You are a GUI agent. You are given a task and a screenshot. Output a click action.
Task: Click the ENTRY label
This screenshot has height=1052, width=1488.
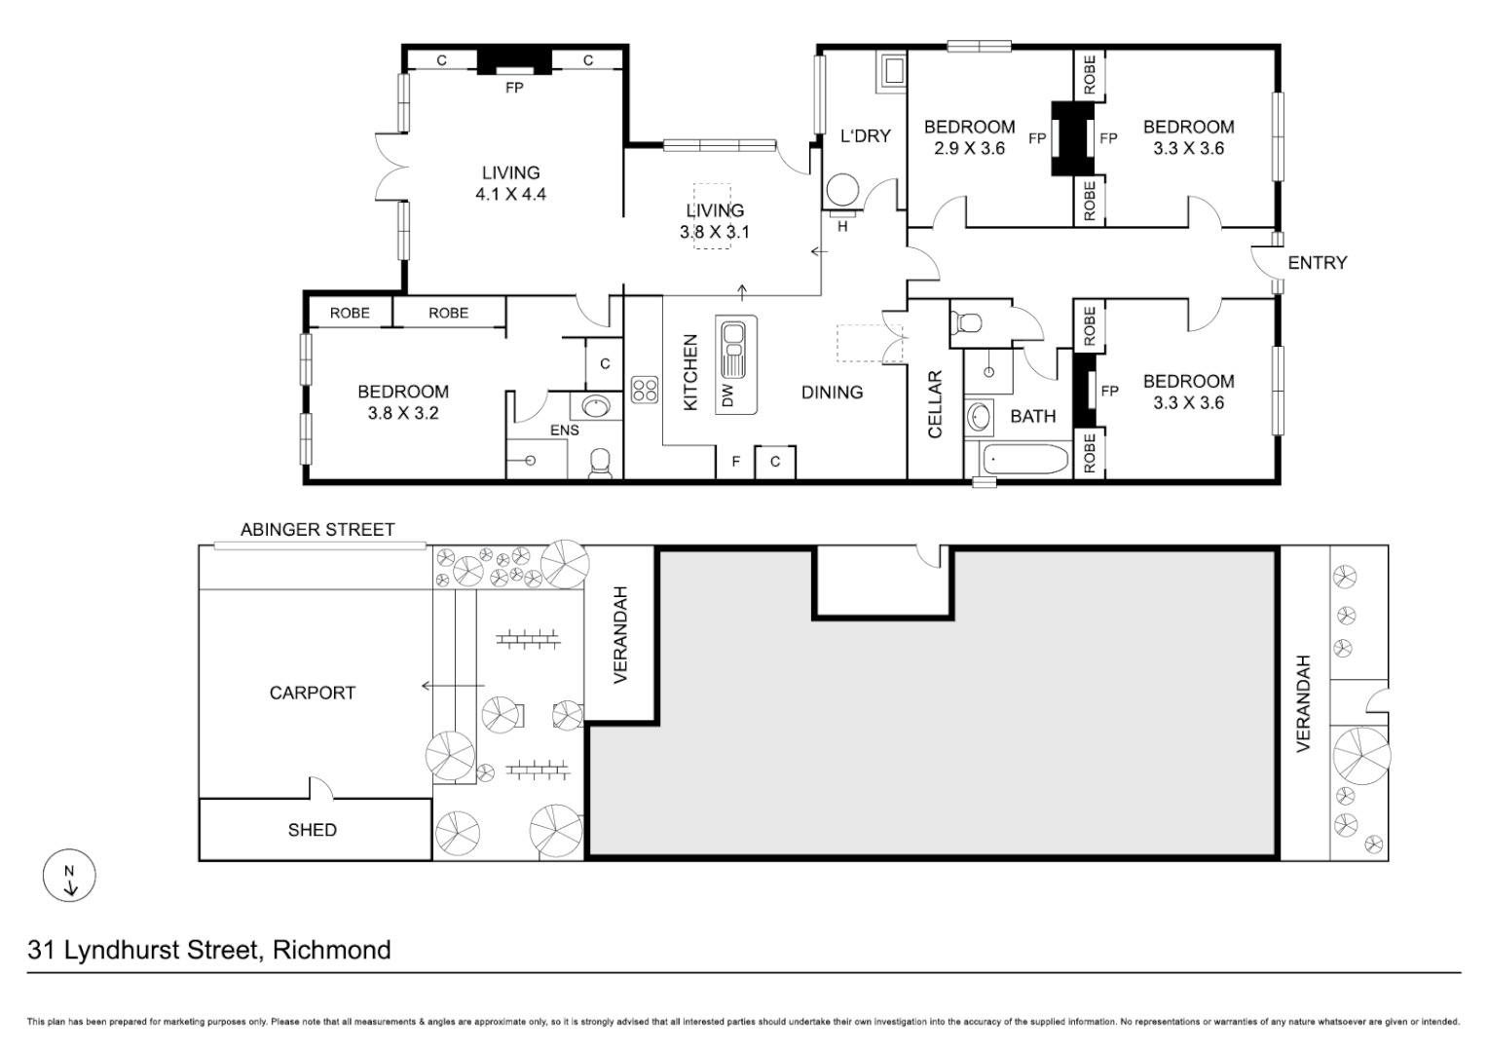click(1317, 262)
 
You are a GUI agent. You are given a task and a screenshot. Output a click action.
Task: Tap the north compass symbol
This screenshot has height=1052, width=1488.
click(69, 878)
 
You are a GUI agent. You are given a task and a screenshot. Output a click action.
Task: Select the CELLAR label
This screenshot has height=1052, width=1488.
click(935, 403)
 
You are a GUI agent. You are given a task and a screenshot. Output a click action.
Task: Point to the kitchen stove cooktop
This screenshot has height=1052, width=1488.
click(644, 390)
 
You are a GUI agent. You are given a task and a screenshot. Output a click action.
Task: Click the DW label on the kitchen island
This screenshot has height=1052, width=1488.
click(728, 394)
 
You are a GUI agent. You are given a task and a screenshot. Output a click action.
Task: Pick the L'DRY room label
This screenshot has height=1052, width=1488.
click(865, 135)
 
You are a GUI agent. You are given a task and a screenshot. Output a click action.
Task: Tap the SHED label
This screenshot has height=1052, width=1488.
click(312, 830)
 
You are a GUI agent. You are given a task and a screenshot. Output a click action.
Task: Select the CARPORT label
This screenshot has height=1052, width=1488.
click(312, 693)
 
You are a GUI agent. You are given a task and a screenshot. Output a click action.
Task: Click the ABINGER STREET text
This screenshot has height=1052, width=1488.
click(317, 529)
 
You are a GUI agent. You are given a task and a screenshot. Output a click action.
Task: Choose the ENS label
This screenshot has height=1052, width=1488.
click(564, 430)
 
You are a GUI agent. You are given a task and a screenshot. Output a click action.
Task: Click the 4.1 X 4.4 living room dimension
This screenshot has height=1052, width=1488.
click(510, 194)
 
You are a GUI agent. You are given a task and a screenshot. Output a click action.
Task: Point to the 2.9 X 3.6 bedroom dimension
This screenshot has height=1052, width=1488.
click(969, 148)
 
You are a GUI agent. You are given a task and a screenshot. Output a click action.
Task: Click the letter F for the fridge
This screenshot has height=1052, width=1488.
click(737, 462)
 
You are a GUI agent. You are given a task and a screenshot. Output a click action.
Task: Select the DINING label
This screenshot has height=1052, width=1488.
click(832, 392)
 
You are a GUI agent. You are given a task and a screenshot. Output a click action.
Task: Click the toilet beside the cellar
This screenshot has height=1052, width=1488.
click(969, 321)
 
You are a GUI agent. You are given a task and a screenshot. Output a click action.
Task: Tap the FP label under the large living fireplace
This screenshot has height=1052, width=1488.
click(514, 88)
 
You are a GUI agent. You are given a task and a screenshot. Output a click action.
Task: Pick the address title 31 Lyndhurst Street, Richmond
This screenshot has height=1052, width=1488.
click(209, 950)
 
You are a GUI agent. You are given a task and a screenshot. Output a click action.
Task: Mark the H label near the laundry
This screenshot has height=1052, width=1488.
click(842, 226)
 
